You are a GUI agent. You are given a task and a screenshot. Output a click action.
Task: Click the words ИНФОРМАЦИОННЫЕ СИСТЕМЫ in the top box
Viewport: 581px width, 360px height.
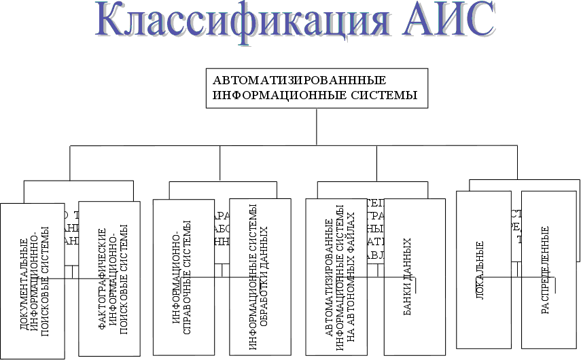(x=315, y=94)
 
